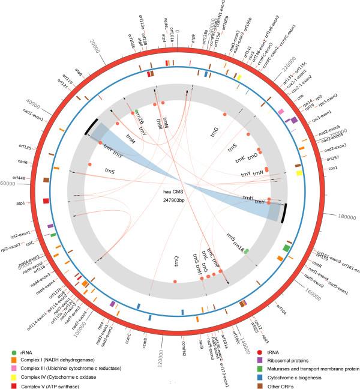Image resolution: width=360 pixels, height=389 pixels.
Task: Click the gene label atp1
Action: click(x=21, y=204)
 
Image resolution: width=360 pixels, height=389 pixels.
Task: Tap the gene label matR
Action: click(x=317, y=263)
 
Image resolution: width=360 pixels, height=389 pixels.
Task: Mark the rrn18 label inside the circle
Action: click(x=239, y=245)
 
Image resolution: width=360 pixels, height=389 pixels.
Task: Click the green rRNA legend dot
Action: click(x=15, y=352)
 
